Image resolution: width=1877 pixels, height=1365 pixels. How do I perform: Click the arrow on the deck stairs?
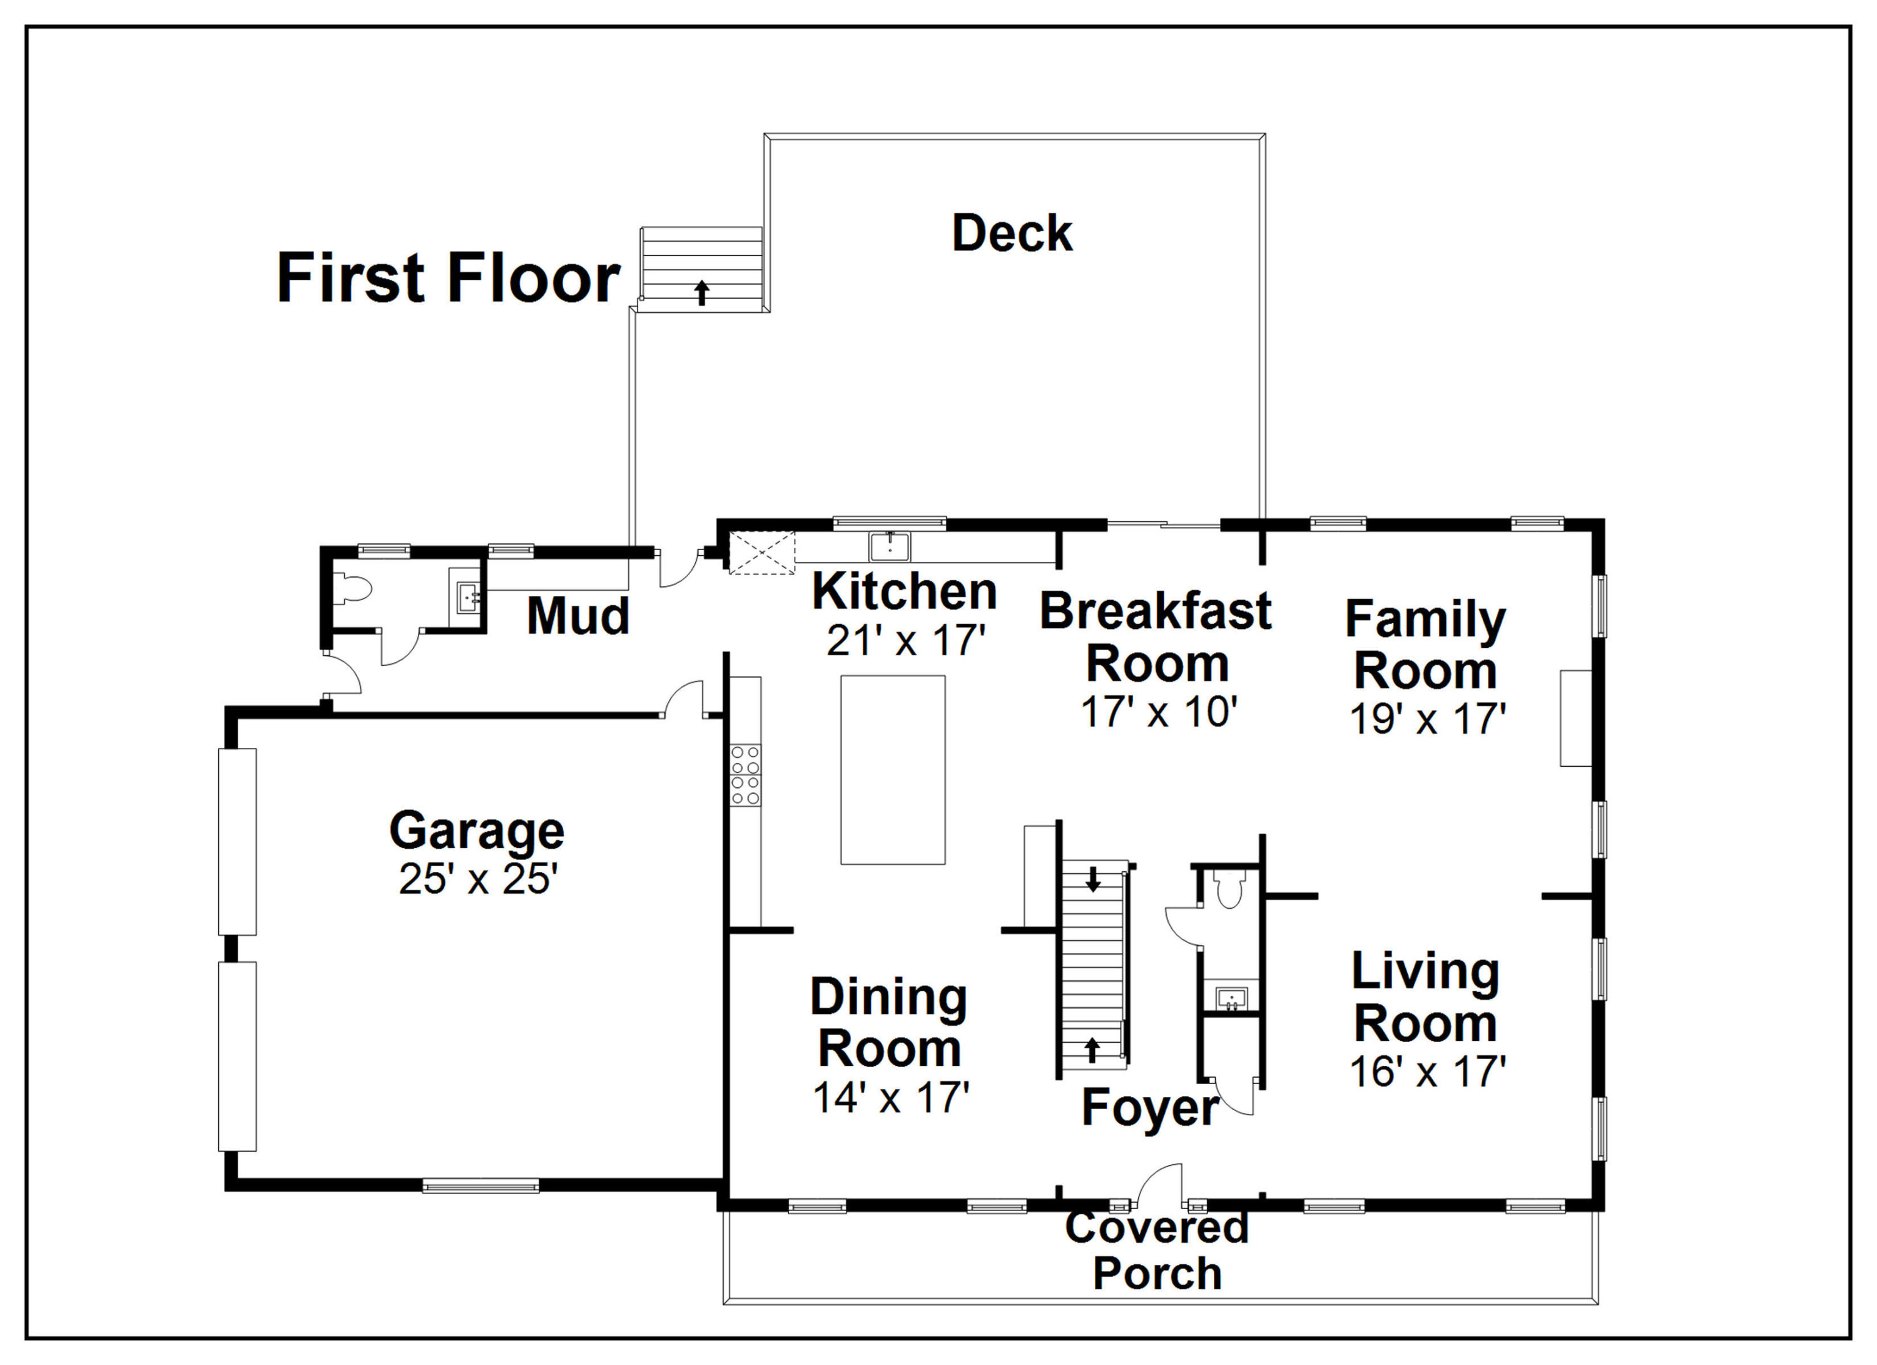[702, 292]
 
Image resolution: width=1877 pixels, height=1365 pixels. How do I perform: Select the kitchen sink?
[890, 547]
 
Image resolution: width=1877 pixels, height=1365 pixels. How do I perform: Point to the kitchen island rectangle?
[893, 770]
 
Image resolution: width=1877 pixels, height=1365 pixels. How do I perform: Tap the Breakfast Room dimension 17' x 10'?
[1159, 712]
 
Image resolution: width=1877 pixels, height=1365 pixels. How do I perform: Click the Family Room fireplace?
[1576, 718]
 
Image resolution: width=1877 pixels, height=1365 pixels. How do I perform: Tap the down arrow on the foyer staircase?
[1093, 879]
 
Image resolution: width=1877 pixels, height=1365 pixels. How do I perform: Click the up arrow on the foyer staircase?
[1092, 1050]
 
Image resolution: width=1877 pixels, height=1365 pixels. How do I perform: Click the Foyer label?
[1149, 1107]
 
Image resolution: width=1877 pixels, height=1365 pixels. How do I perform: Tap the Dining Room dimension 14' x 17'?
[890, 1098]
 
